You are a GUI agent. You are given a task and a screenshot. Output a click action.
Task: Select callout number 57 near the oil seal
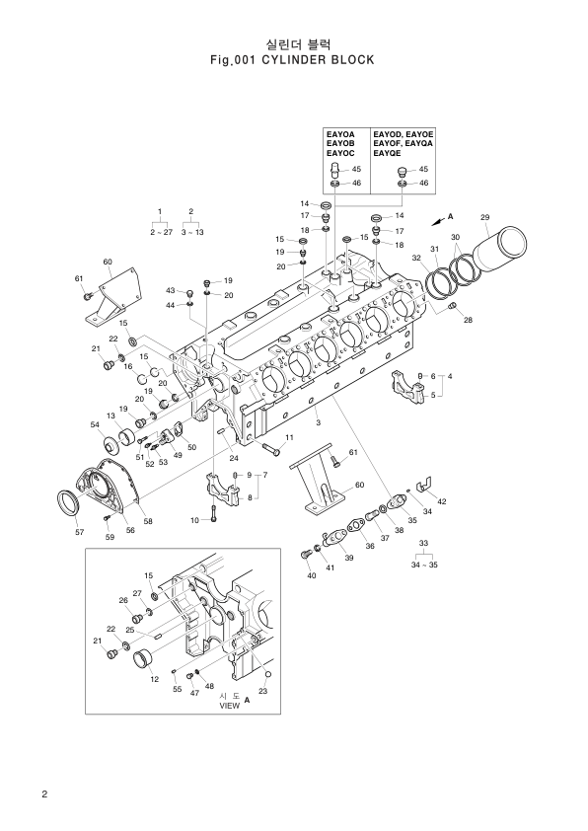(x=80, y=532)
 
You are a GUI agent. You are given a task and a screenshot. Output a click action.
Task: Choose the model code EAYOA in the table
(x=340, y=132)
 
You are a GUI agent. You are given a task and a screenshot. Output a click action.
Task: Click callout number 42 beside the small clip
(x=442, y=502)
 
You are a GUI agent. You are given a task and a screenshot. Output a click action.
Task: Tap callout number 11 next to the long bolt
(x=289, y=437)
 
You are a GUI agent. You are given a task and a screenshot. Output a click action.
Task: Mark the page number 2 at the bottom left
(x=44, y=795)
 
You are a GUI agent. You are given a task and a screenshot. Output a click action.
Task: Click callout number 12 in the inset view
(x=154, y=679)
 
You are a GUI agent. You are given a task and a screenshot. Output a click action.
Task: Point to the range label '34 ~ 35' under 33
(x=424, y=565)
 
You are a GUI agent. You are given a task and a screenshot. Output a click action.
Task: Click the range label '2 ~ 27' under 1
(x=161, y=232)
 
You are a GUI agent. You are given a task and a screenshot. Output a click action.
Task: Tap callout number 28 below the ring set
(x=468, y=320)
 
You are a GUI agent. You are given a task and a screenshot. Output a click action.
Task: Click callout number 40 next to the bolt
(x=312, y=575)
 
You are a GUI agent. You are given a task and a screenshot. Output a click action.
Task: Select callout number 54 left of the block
(x=96, y=424)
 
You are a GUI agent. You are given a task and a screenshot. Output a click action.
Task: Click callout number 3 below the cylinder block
(x=318, y=422)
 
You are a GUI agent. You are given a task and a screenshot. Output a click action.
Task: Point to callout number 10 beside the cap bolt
(x=194, y=519)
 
